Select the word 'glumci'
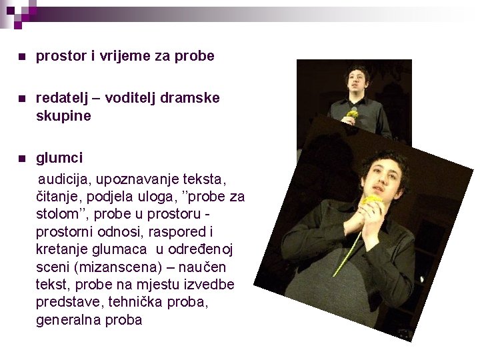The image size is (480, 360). coord(59,158)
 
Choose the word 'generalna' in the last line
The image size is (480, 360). coord(65,319)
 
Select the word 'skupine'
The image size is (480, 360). coord(63,115)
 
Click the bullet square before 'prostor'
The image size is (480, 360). coord(23,57)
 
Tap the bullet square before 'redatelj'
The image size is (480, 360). coord(23,99)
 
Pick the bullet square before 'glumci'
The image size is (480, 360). coord(23,159)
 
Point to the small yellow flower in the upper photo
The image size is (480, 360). coord(353,114)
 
